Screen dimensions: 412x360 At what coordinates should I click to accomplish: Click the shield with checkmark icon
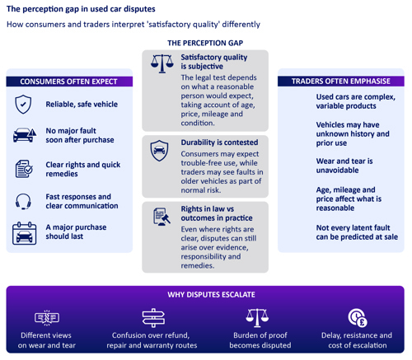(23, 105)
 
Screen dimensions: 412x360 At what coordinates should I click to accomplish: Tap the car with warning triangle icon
(25, 135)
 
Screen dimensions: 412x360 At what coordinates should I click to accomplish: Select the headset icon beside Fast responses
(23, 202)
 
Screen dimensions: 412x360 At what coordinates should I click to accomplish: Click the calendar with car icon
(24, 233)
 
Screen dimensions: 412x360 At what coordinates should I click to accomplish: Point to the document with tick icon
(24, 169)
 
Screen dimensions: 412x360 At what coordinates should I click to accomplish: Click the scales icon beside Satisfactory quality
(162, 63)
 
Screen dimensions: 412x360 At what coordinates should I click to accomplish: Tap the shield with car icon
(159, 151)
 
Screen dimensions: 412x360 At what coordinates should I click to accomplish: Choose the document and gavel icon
(162, 217)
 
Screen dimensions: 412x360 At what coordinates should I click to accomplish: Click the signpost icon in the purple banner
(153, 318)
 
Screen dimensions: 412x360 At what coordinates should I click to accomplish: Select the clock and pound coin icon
(358, 318)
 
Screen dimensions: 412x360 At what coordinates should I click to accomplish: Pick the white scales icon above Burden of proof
(257, 318)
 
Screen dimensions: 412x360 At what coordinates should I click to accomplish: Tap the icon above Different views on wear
(47, 318)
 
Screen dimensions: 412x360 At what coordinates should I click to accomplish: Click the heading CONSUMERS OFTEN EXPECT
(68, 82)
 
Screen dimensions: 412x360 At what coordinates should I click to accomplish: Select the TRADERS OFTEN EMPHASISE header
(341, 82)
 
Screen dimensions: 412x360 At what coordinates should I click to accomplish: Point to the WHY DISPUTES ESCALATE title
(211, 295)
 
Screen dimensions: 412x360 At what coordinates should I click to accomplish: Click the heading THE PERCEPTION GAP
(205, 43)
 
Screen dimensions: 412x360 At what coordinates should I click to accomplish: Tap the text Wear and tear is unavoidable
(344, 166)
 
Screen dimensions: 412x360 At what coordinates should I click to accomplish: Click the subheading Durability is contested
(219, 143)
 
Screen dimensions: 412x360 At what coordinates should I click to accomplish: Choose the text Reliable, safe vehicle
(82, 105)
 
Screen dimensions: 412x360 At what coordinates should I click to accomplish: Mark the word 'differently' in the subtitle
(241, 25)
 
